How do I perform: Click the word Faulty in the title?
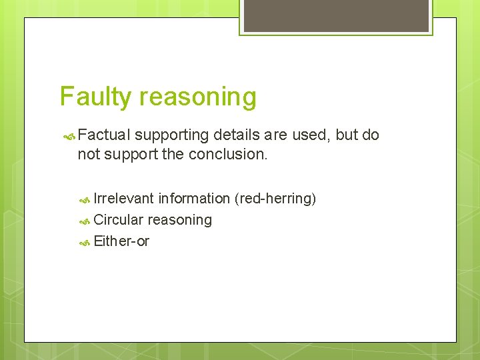pyautogui.click(x=96, y=97)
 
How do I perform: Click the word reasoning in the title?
pyautogui.click(x=198, y=97)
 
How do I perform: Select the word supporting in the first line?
pyautogui.click(x=171, y=135)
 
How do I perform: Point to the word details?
pyautogui.click(x=237, y=135)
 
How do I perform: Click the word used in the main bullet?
pyautogui.click(x=312, y=135)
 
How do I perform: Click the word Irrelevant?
pyautogui.click(x=124, y=199)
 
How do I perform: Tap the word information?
pyautogui.click(x=194, y=199)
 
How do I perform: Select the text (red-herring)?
pyautogui.click(x=275, y=199)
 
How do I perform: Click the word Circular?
pyautogui.click(x=119, y=220)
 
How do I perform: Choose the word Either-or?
pyautogui.click(x=121, y=241)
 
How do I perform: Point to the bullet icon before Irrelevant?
pyautogui.click(x=85, y=199)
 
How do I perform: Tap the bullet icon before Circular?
pyautogui.click(x=85, y=221)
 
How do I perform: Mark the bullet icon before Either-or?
pyautogui.click(x=85, y=242)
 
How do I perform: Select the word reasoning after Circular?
pyautogui.click(x=179, y=220)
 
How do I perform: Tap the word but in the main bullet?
pyautogui.click(x=347, y=135)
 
